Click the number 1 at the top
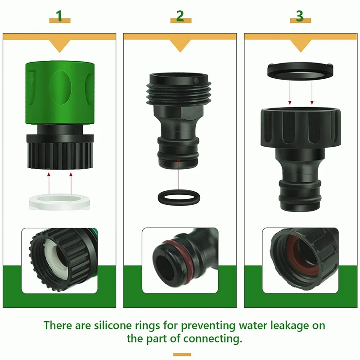click(59, 16)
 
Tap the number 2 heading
click(180, 16)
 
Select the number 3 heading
click(300, 16)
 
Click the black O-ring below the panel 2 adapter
click(179, 197)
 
